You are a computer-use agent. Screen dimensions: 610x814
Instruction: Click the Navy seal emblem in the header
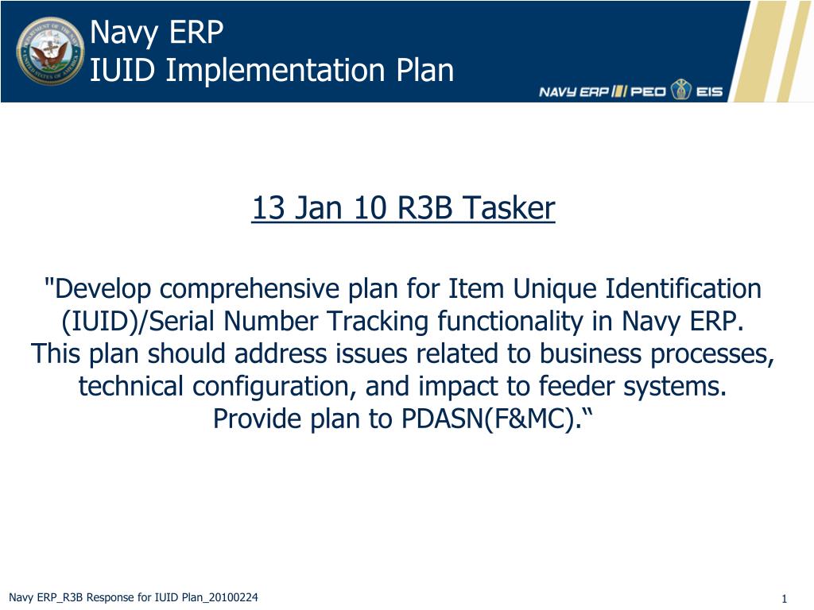tap(50, 51)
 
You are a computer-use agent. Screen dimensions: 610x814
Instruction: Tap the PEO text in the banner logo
tap(649, 91)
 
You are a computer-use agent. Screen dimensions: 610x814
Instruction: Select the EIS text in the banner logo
tap(709, 91)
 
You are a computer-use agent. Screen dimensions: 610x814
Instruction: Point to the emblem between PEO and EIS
tap(680, 90)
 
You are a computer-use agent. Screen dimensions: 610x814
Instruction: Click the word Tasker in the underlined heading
tap(509, 209)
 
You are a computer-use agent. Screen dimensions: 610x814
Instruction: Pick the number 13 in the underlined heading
tap(269, 209)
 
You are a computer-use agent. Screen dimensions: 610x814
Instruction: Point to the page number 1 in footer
tap(784, 599)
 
